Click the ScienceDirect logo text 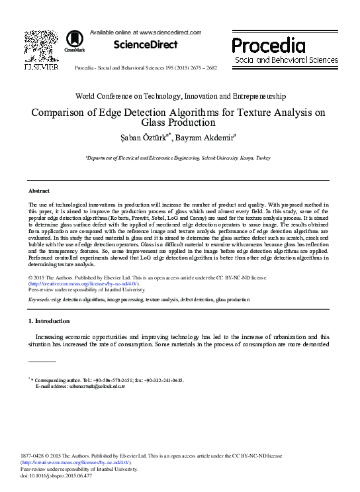[146, 44]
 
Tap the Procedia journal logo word [269, 46]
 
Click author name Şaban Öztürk [142, 138]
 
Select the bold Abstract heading [40, 190]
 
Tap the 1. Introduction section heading [49, 321]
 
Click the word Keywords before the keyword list [40, 299]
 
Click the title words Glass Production [180, 123]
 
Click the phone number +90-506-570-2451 [112, 379]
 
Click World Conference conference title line [180, 96]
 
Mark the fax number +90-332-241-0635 [164, 379]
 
